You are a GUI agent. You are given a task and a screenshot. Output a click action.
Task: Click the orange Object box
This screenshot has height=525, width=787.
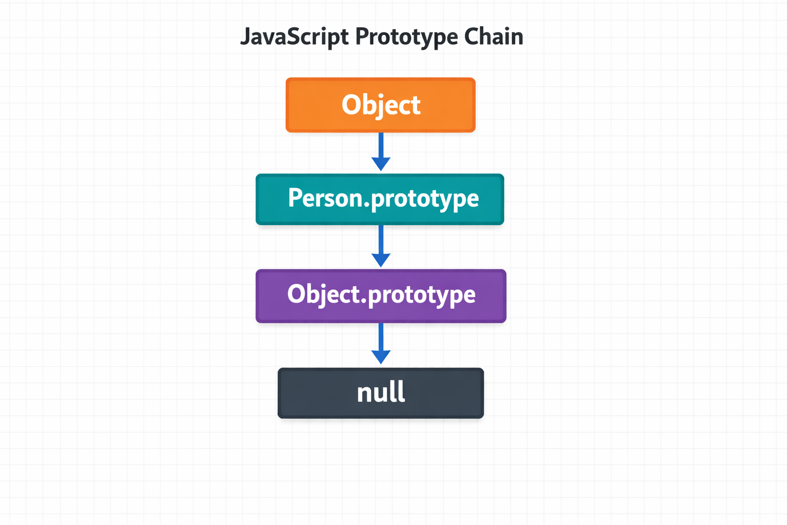380,105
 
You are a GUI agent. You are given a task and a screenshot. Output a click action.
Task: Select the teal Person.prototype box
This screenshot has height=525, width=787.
380,199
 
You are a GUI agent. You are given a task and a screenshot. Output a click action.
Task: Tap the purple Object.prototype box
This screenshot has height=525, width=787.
381,296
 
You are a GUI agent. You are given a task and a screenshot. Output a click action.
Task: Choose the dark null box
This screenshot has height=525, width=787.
381,393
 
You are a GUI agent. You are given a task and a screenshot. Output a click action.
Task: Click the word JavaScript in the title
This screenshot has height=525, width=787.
295,37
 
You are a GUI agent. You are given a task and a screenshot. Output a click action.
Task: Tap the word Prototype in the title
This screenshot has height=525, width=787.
406,37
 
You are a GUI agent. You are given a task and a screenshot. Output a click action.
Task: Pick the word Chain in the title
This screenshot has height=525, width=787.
493,37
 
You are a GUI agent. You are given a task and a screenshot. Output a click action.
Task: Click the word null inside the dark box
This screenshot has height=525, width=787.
381,392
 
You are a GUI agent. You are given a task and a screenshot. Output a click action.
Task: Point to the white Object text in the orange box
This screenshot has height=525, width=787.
381,105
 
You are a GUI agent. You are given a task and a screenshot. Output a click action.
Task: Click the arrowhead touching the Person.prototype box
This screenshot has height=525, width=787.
381,164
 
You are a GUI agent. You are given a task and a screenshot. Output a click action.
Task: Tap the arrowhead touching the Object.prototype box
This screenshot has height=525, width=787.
381,260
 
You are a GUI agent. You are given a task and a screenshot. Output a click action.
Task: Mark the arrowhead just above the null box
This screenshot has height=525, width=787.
381,357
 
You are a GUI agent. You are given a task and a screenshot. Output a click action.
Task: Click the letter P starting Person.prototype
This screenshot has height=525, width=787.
295,198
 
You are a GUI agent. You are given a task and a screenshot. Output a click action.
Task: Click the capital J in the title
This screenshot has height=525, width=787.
245,37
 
